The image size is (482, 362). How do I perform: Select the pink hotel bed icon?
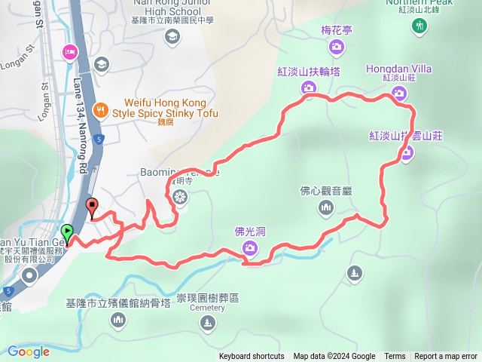coord(69,51)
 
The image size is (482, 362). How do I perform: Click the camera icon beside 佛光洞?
coord(249,244)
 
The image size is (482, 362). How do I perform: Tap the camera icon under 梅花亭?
coord(337,47)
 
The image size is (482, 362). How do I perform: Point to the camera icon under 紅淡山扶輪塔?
coord(308,88)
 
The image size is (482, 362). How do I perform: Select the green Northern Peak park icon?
coord(419,26)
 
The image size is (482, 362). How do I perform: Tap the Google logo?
coord(29,351)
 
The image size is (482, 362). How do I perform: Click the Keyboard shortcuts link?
coord(252,357)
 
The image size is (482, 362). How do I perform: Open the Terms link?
coord(395,357)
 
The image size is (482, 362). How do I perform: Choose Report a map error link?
coord(446,357)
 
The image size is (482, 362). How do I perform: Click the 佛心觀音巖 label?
coord(326,190)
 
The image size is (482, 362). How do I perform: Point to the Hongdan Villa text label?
coord(398,69)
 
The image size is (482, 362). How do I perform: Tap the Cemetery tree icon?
coord(207,323)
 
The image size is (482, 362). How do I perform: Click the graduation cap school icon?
coord(100,65)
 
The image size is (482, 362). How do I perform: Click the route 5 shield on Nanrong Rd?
coord(98,139)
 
